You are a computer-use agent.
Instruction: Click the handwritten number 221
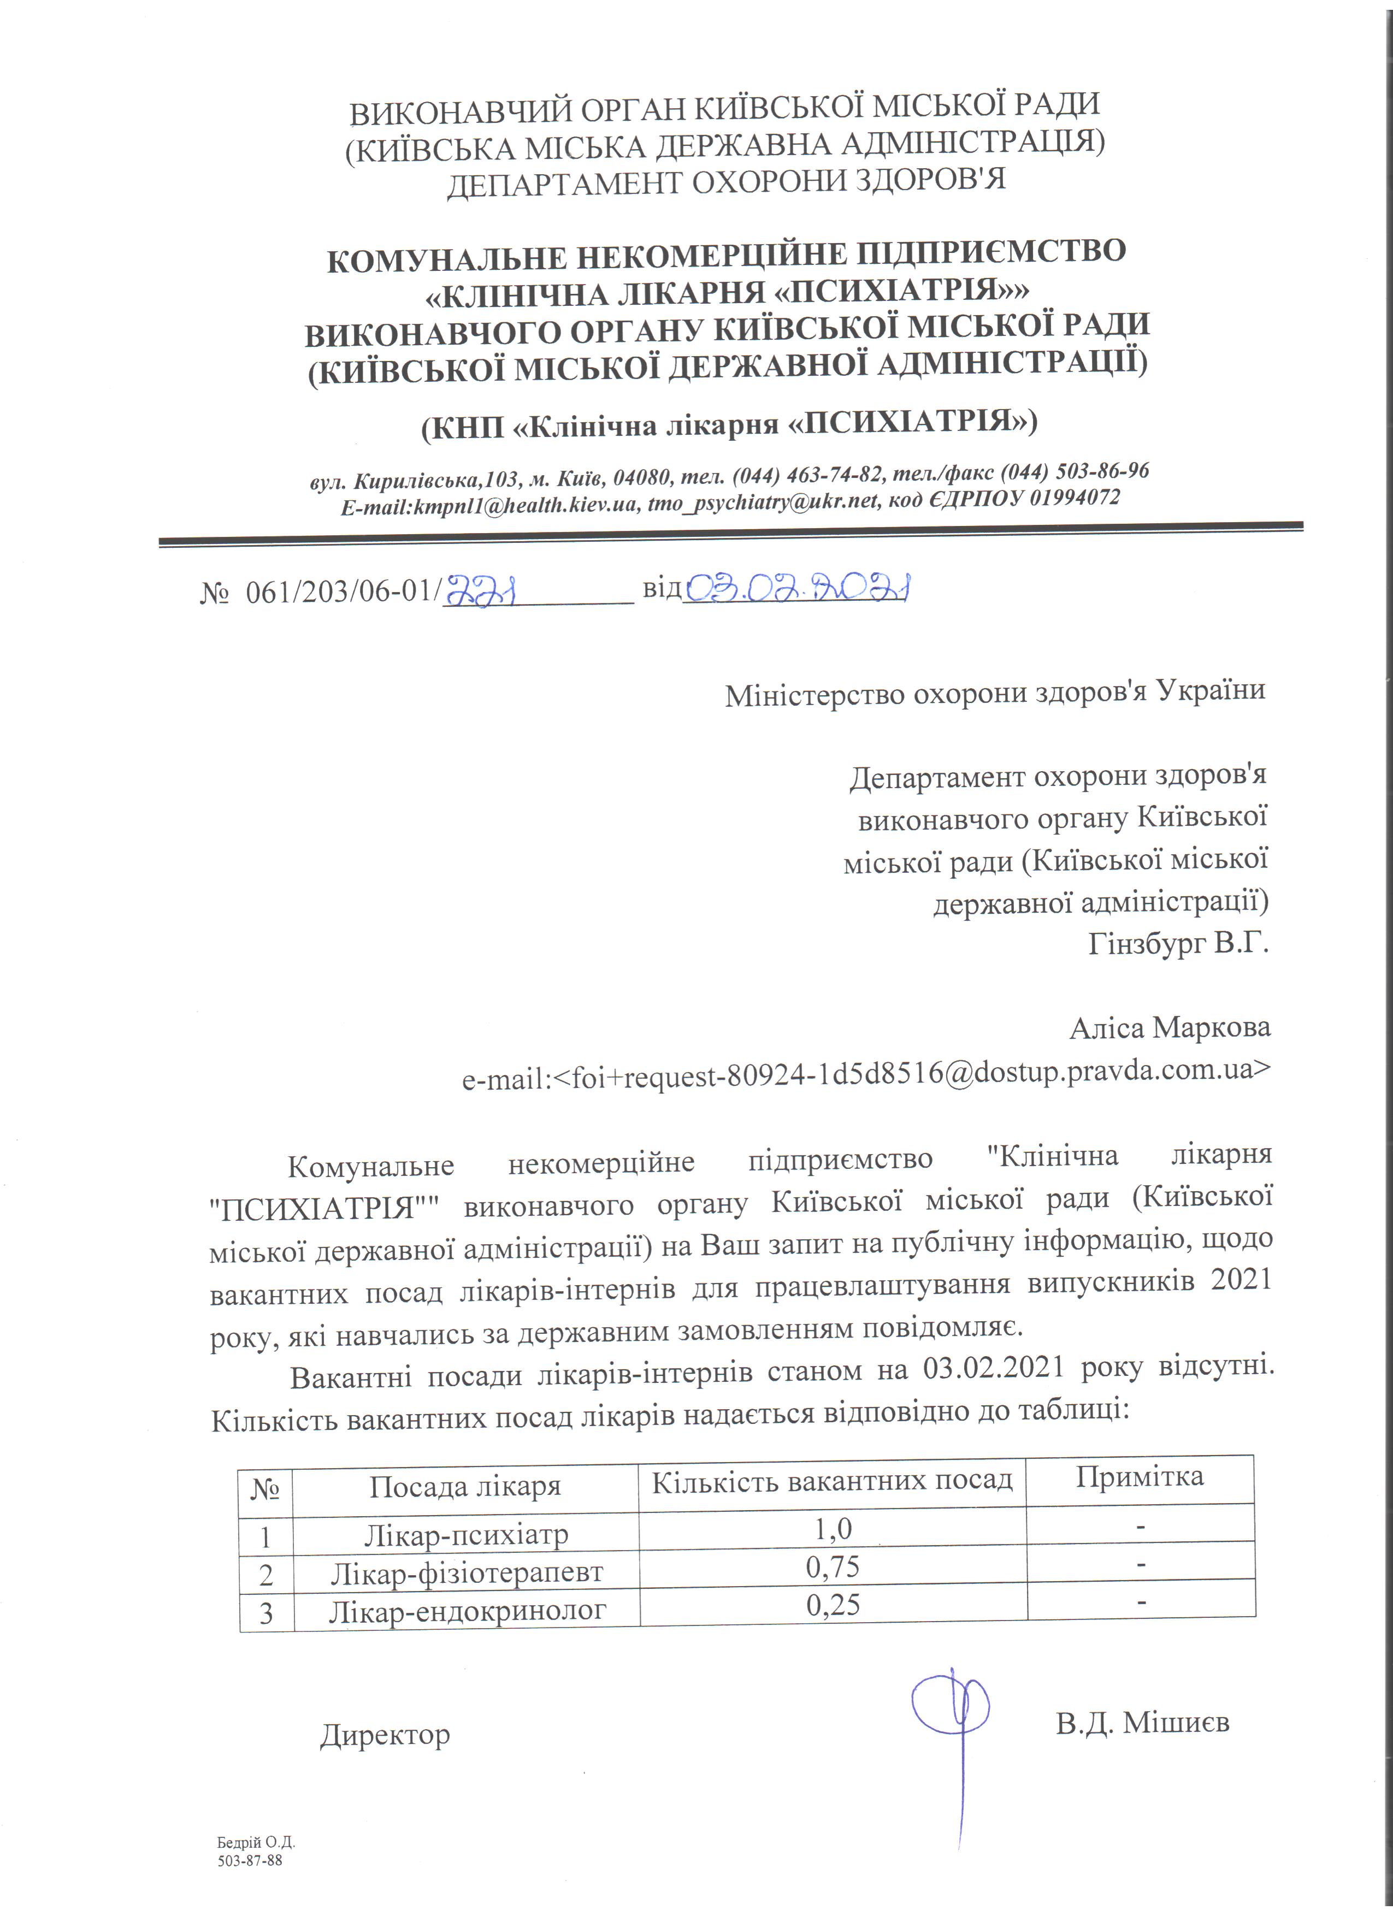[x=480, y=590]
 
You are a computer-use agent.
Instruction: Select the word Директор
[x=385, y=1734]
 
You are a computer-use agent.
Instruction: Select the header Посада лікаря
[x=465, y=1486]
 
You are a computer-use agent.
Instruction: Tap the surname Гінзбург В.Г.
[x=1178, y=942]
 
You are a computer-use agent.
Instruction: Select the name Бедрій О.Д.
[x=255, y=1842]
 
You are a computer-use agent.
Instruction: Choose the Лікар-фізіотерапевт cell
[x=467, y=1572]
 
